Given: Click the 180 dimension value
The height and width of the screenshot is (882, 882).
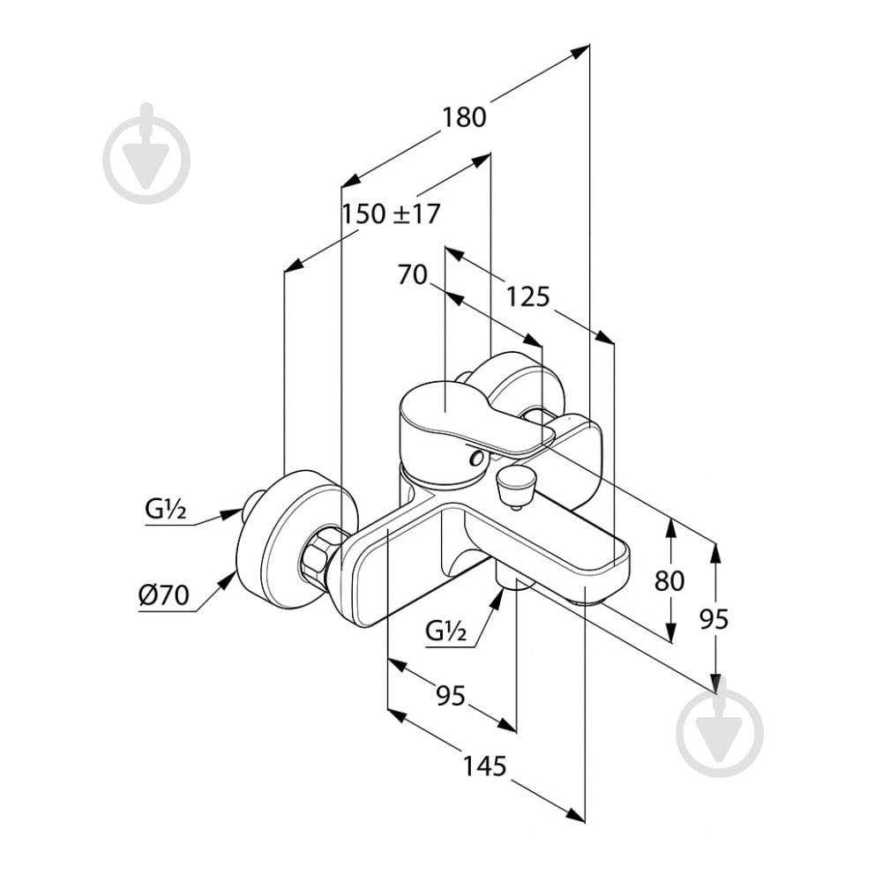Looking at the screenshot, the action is (x=464, y=117).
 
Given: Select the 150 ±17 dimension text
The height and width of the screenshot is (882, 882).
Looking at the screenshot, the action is (x=392, y=213).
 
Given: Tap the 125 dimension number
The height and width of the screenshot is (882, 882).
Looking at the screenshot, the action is (x=527, y=296).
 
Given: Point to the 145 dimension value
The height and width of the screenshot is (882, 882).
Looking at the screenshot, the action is (x=484, y=766).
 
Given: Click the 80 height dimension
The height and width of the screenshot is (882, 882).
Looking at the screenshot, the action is (x=669, y=580).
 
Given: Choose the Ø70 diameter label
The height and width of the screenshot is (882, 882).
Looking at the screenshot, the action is (x=164, y=594).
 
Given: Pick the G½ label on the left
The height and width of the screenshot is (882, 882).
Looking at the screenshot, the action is (x=166, y=509).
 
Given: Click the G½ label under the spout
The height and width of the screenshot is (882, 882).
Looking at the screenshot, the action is (x=446, y=632).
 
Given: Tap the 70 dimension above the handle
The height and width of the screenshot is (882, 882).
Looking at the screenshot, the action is (x=412, y=275).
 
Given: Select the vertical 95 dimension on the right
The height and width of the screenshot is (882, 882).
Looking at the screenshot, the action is (x=714, y=619).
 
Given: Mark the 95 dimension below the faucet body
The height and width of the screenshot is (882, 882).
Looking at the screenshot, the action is (x=451, y=696).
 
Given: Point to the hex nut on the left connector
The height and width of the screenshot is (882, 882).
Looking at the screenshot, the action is (x=318, y=558).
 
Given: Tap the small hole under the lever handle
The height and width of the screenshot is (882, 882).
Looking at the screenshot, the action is (x=477, y=459).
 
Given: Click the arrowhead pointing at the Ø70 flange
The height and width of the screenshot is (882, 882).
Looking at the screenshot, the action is (x=228, y=580).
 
